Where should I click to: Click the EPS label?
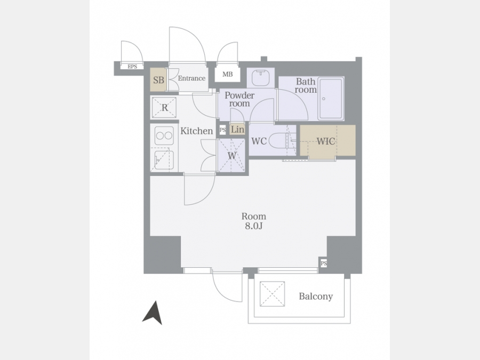(x=132, y=67)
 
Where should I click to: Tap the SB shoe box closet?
(x=158, y=79)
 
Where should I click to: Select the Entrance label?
(x=191, y=78)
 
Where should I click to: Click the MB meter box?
(x=227, y=74)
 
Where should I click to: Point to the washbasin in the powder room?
(x=261, y=78)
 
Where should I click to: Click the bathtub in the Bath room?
(x=331, y=99)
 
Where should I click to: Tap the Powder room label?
(x=239, y=99)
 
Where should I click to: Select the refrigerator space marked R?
(x=164, y=107)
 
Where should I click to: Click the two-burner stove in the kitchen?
(x=164, y=135)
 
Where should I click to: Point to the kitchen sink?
(x=164, y=160)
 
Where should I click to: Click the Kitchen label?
(x=196, y=131)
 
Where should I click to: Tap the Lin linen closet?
(x=237, y=130)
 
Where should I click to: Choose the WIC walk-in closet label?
(x=326, y=141)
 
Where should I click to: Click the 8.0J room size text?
(x=254, y=226)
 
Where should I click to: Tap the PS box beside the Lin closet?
(x=223, y=130)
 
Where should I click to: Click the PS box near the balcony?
(x=324, y=263)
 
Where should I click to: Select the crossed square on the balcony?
(x=272, y=294)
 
